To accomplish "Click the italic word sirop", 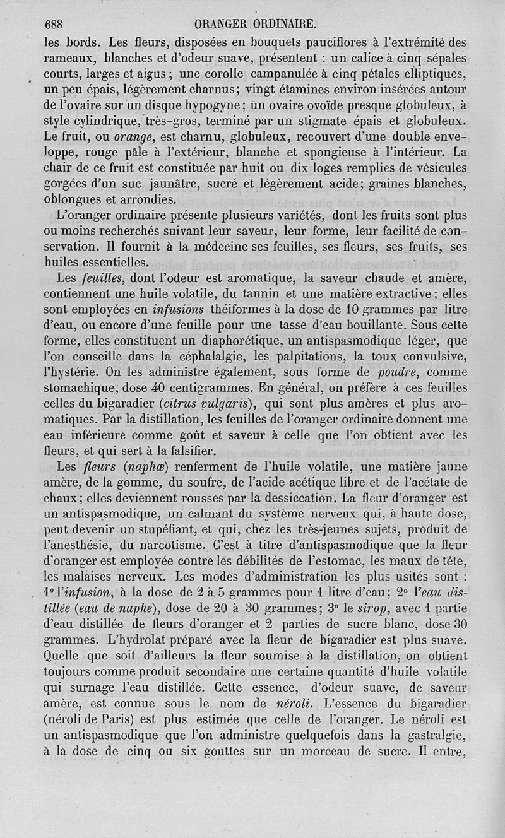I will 350,610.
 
